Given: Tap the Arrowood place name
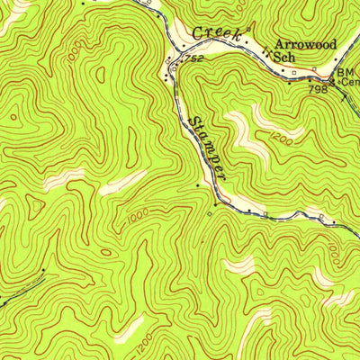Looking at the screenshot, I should (305, 43).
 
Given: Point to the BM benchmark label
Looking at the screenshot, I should (346, 72).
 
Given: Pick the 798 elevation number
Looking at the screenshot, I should (317, 89).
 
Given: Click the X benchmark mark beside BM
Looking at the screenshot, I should (332, 82).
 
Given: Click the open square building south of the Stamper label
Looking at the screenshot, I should (209, 214).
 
